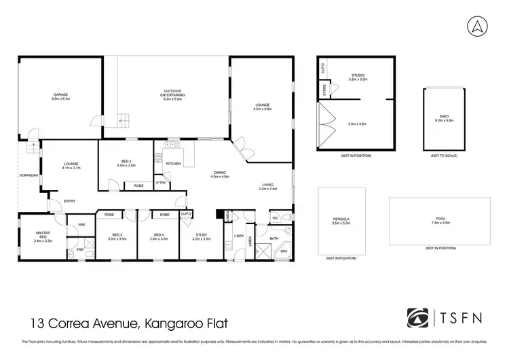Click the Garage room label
click(61, 95)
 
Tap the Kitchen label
click(173, 164)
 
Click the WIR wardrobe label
click(81, 224)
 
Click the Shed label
click(444, 117)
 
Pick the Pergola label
click(341, 219)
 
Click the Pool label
click(439, 219)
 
